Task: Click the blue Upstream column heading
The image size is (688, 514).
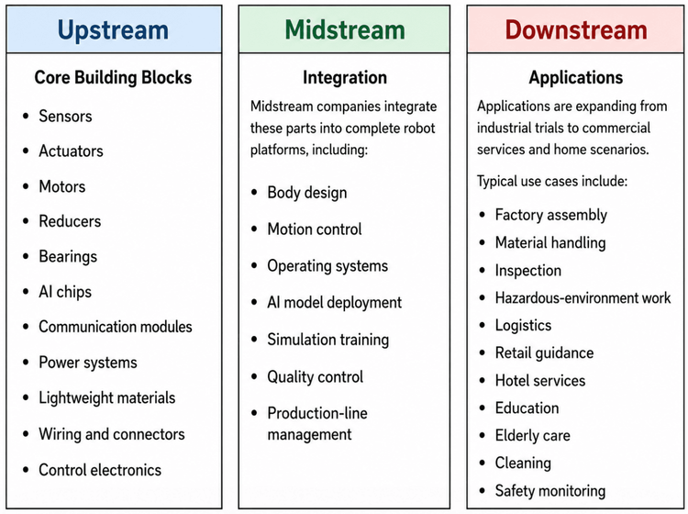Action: [x=113, y=30]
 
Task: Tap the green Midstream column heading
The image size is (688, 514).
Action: [x=345, y=30]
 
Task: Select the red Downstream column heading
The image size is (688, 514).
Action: [x=576, y=30]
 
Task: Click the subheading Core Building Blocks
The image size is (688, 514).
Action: [x=113, y=77]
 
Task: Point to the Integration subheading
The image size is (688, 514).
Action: [x=345, y=77]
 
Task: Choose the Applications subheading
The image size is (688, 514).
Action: [x=576, y=77]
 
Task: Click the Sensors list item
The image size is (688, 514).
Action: [x=65, y=117]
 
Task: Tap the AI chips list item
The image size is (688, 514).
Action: [x=65, y=292]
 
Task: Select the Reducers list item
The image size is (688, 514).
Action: [x=70, y=221]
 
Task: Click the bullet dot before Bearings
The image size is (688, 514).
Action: [x=26, y=256]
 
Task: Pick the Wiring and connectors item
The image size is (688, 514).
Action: [x=112, y=434]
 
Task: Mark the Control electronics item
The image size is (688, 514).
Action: [x=100, y=470]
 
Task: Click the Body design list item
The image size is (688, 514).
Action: [x=307, y=193]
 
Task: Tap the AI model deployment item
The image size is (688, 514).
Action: [x=334, y=302]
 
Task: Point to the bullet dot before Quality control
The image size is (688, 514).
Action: [x=254, y=376]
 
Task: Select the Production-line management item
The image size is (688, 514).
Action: [x=317, y=423]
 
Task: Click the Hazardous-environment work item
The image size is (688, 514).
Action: [x=583, y=298]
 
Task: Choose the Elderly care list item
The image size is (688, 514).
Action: [x=533, y=435]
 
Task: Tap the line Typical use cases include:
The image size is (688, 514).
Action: [x=552, y=181]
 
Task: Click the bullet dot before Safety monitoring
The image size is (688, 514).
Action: [x=483, y=490]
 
